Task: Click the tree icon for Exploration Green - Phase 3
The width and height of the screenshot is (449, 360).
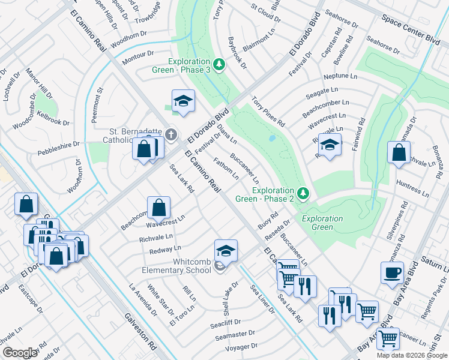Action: click(x=220, y=63)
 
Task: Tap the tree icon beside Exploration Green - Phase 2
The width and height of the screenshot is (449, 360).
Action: click(x=304, y=193)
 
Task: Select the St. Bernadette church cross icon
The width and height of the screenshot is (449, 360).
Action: click(x=171, y=134)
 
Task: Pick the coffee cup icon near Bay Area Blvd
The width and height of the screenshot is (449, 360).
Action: click(x=392, y=272)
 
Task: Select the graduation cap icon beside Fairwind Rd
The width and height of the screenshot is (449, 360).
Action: click(x=330, y=146)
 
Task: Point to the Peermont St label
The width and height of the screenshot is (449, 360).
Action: click(x=97, y=105)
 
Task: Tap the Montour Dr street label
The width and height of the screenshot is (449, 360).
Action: click(x=138, y=58)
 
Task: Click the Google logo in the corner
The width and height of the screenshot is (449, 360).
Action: click(x=20, y=353)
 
